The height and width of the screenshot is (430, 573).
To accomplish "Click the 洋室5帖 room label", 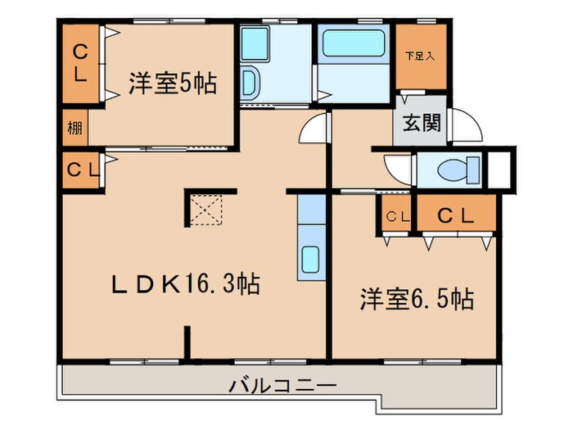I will [172, 84].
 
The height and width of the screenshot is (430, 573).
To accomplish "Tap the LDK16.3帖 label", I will [187, 284].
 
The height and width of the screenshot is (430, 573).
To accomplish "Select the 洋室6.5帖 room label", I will [417, 299].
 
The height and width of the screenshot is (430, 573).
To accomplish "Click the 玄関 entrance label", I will [422, 123].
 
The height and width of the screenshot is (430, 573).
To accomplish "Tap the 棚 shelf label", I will [74, 129].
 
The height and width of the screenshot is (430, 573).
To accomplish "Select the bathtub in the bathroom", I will [353, 43].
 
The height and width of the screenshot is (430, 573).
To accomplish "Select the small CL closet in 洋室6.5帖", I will [396, 216].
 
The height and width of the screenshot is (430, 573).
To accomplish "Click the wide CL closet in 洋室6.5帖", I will [456, 215].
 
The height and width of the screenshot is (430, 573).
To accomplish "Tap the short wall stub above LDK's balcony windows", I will [187, 342].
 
